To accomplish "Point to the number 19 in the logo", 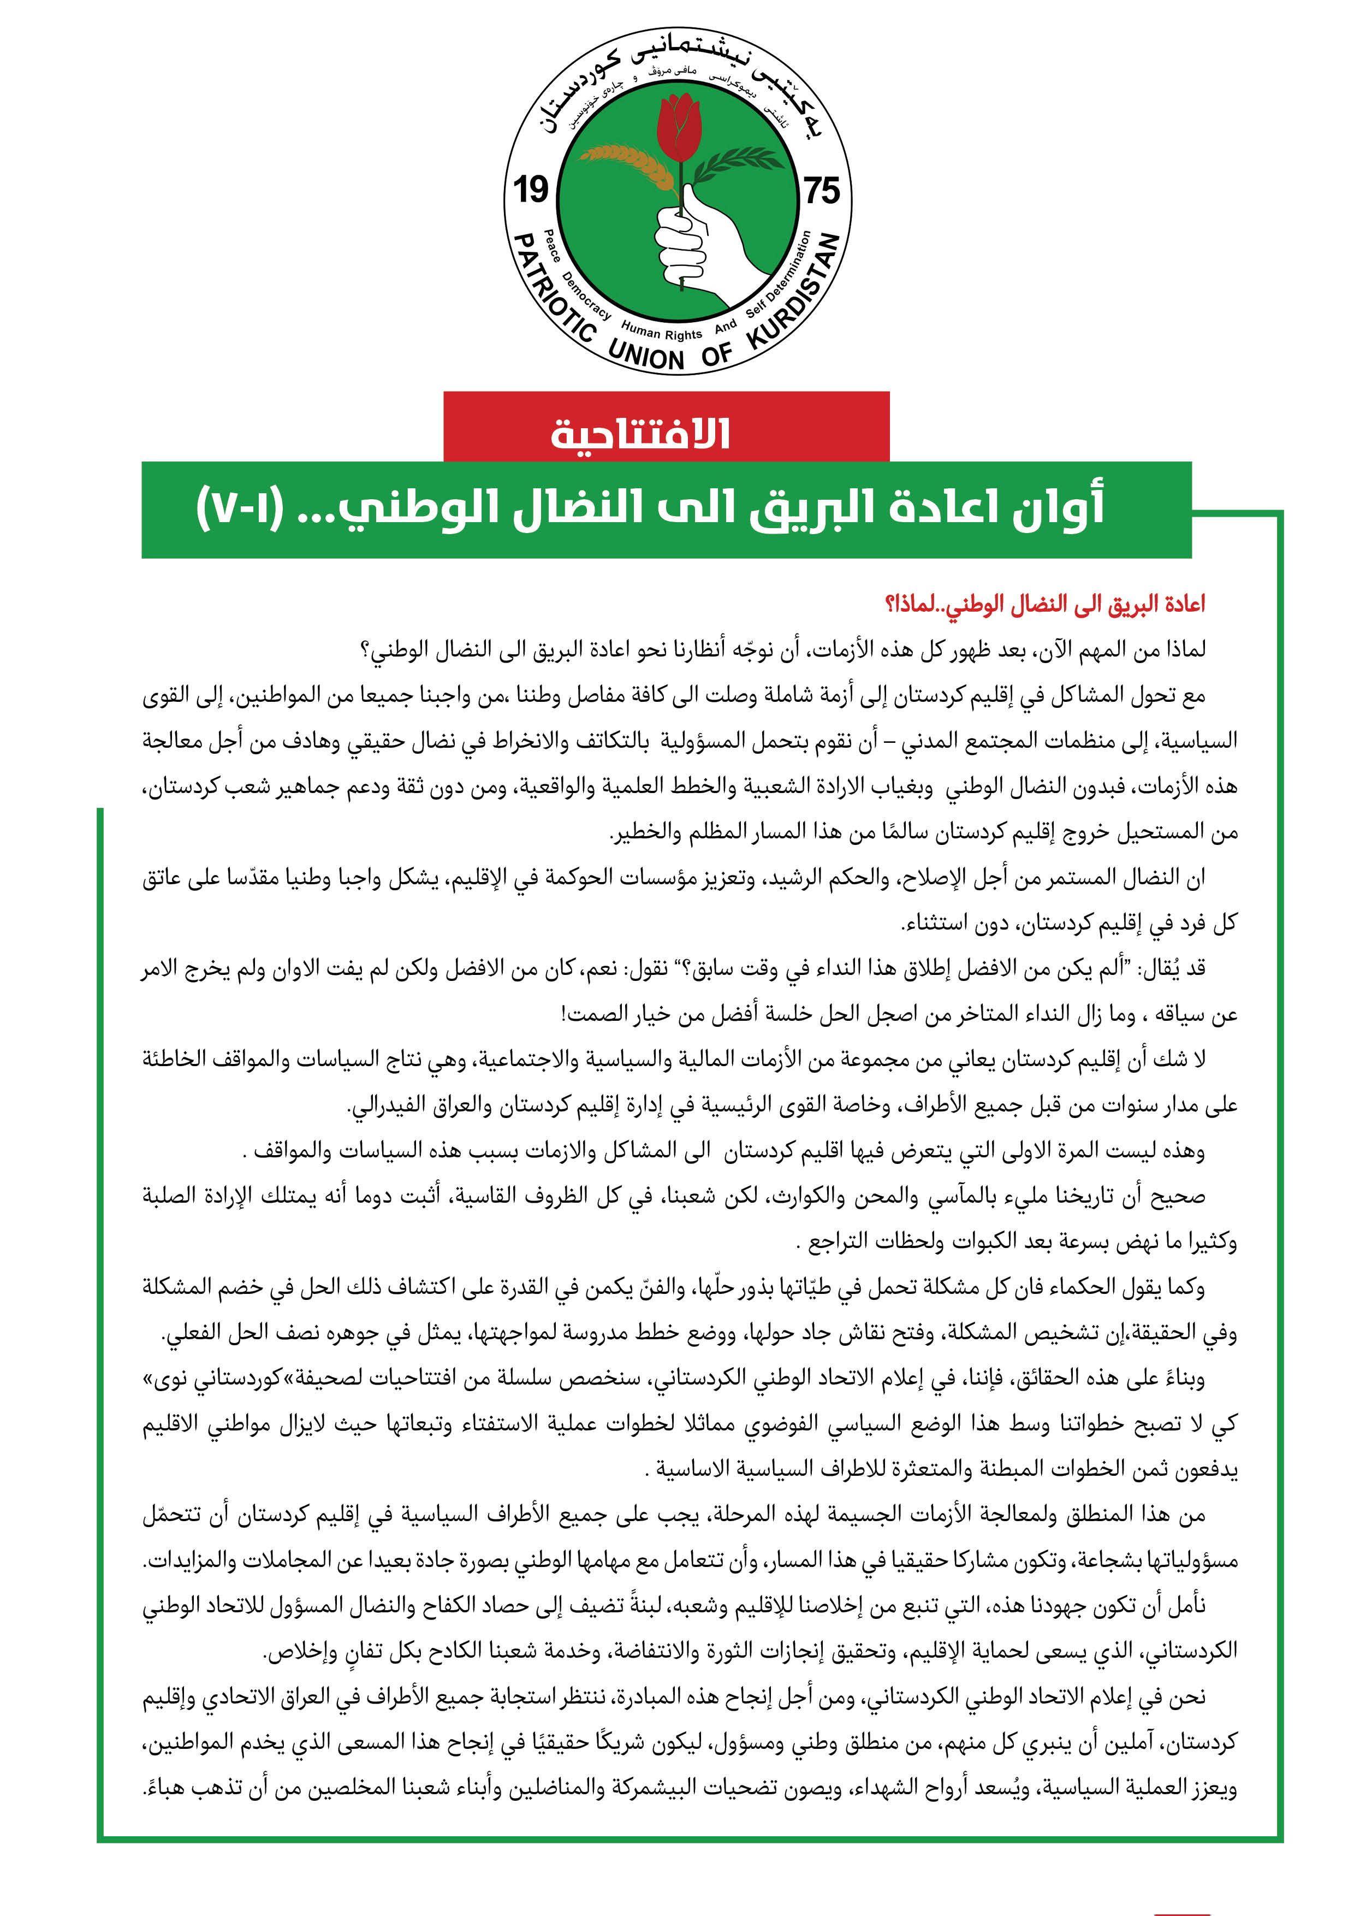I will [531, 190].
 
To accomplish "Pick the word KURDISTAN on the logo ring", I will [794, 292].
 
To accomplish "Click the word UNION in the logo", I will [646, 354].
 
